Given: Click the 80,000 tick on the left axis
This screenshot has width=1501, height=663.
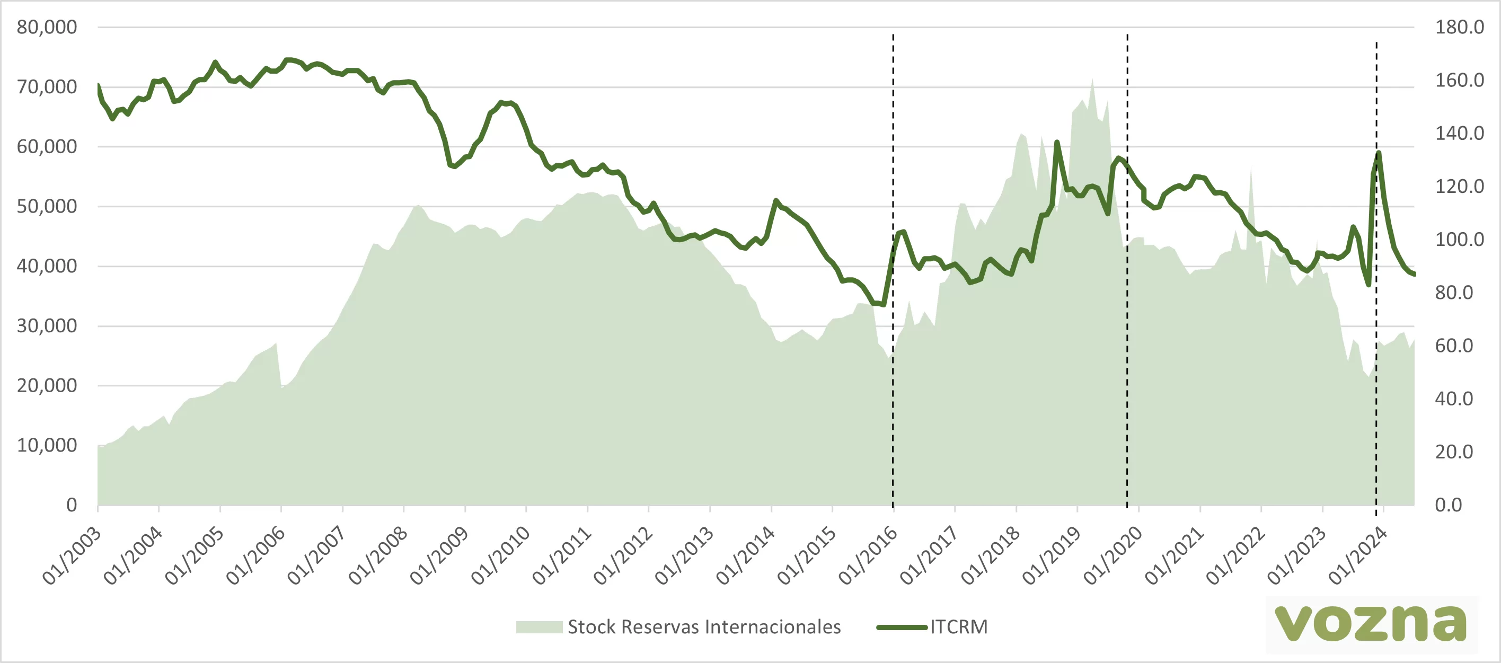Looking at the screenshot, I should click(47, 27).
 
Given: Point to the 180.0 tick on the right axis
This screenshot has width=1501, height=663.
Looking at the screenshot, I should click(1459, 27).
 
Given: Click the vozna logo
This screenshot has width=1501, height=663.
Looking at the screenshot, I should click(1371, 623).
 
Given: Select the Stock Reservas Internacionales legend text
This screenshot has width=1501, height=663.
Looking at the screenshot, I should click(704, 627).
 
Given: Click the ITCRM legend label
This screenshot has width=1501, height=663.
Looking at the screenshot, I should click(958, 627).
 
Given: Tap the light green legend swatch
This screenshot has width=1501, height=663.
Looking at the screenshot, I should click(539, 627).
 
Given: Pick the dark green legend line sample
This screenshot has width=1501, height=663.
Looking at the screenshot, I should click(902, 627).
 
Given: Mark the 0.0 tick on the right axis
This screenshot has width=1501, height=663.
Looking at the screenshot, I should click(1449, 505).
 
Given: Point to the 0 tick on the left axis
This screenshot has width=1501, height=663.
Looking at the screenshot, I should click(71, 505).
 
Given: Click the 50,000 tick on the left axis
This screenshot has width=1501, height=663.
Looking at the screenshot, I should click(47, 206).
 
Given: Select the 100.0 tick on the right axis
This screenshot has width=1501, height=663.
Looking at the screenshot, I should click(1459, 239).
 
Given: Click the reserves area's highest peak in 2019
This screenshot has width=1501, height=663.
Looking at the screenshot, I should click(1092, 80).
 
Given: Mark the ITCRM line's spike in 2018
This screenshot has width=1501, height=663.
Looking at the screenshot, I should click(1056, 142).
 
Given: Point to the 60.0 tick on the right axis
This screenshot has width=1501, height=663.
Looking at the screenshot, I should click(1454, 346).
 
